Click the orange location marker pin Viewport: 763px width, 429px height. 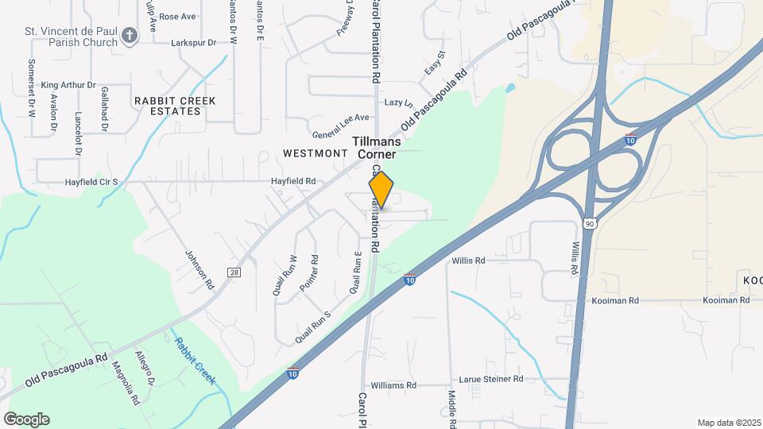point(381,190)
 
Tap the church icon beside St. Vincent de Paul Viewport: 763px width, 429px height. point(130,34)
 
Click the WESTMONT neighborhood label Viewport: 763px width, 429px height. point(316,152)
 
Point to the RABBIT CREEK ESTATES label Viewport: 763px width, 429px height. point(167,106)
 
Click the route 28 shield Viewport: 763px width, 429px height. point(234,272)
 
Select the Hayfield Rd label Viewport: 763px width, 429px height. point(293,182)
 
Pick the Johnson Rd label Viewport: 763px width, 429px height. point(200,270)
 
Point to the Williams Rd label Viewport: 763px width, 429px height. point(393,385)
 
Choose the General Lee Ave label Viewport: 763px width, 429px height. point(341,118)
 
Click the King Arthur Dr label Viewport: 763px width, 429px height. point(68,85)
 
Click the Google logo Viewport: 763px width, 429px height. point(26,419)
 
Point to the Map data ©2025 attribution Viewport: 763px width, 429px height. point(728,423)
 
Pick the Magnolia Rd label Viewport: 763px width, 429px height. point(126,382)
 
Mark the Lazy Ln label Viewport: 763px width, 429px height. point(399,103)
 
